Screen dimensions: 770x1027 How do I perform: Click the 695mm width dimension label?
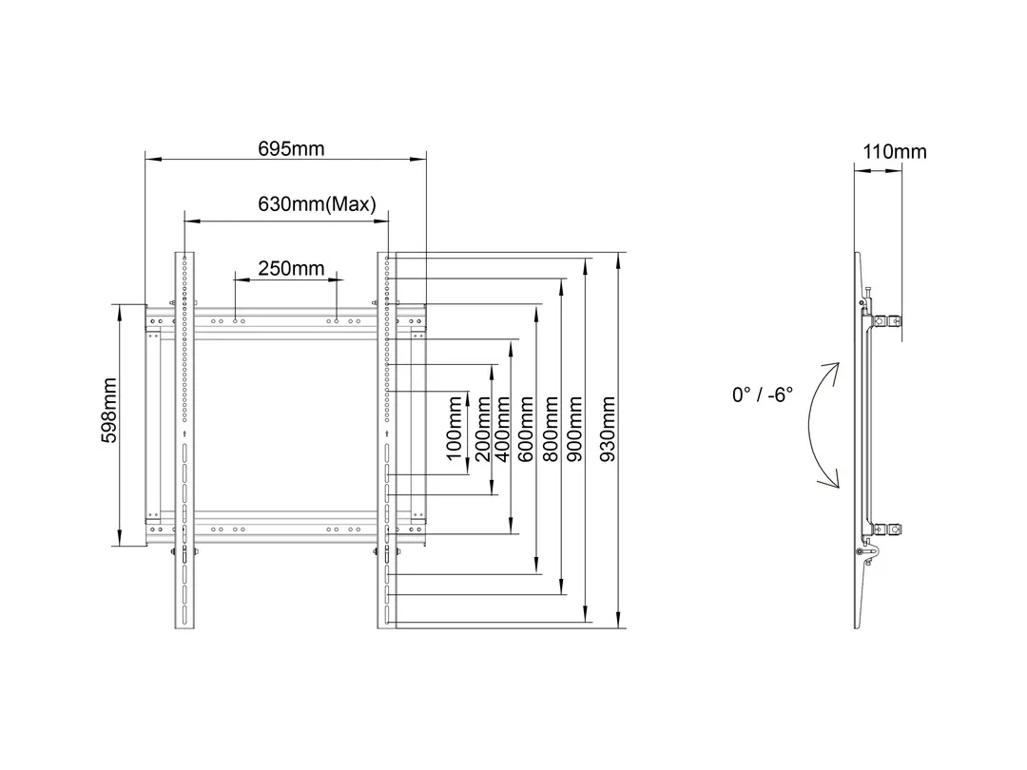click(x=291, y=149)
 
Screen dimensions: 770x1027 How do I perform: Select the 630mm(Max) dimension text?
click(x=317, y=203)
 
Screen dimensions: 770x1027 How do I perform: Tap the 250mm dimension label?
click(x=291, y=268)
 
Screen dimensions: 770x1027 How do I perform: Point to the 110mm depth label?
click(x=894, y=151)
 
